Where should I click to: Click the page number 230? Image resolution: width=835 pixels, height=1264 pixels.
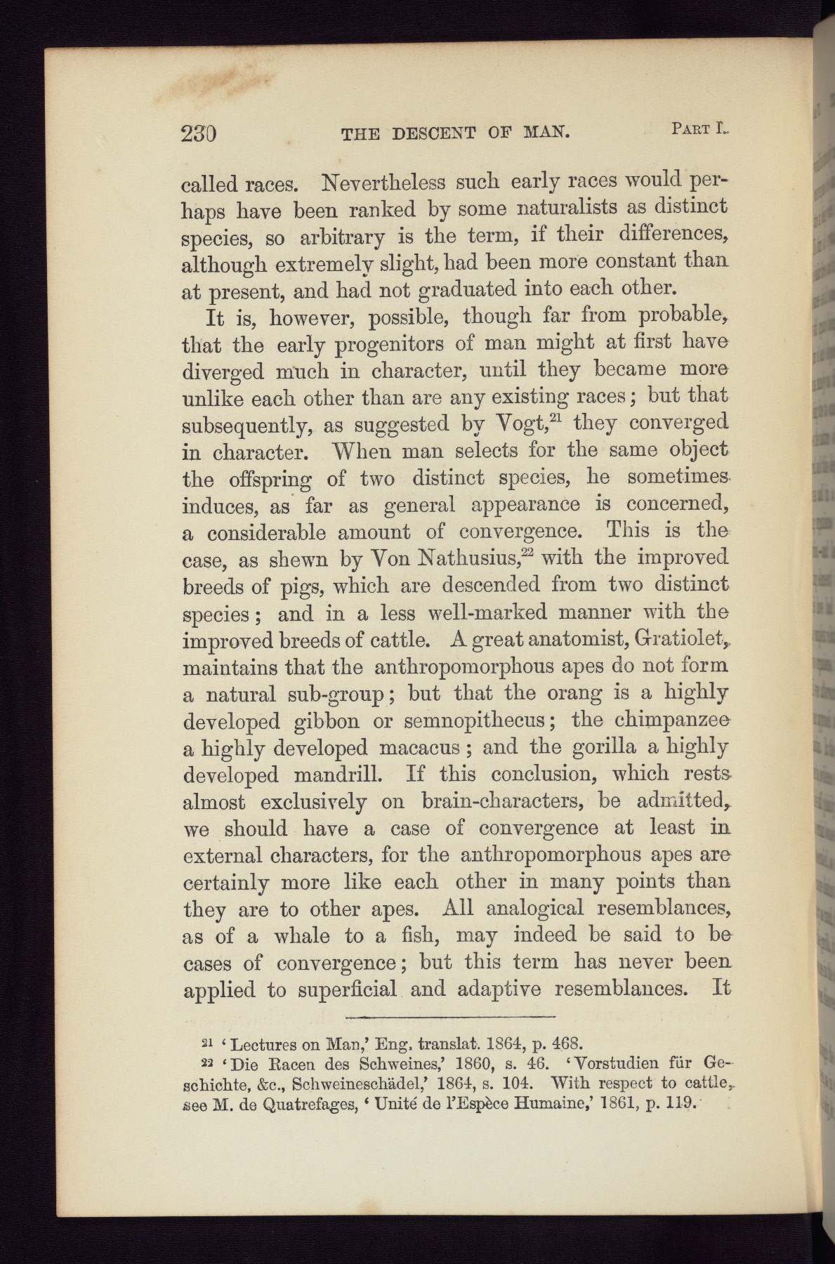199,133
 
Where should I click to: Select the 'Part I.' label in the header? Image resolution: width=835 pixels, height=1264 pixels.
699,129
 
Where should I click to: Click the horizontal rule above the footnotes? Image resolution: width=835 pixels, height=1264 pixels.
451,1016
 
